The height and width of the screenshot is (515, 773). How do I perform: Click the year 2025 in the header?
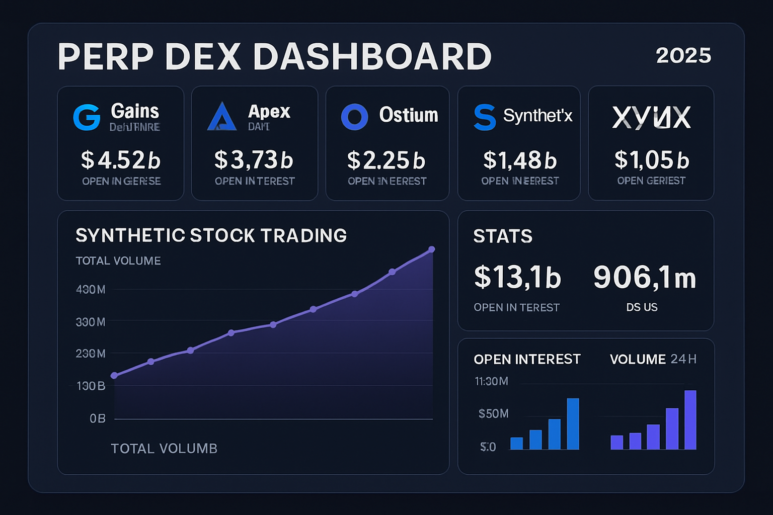coord(683,55)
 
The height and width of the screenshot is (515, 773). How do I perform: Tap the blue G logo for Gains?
coord(87,117)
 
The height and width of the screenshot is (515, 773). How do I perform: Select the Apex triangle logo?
coord(221,117)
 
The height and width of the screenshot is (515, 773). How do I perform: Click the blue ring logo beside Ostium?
coord(354,117)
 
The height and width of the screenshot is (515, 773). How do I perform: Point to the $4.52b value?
coord(121,160)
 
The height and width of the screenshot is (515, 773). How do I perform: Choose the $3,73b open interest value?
coord(254,160)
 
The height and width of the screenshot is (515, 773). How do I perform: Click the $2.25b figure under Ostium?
coord(386,160)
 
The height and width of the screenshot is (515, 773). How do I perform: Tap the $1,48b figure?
coord(520,160)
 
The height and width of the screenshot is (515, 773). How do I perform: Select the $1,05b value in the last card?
coord(652,160)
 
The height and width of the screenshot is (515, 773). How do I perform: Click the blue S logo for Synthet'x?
coord(485,117)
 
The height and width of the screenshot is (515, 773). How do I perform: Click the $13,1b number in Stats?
coord(517,277)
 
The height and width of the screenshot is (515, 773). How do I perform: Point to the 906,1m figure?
coord(645,277)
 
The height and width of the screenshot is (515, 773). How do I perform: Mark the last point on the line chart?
coord(431,249)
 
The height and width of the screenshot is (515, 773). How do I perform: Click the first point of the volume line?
coord(114,376)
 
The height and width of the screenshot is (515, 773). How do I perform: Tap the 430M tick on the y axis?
coord(91,289)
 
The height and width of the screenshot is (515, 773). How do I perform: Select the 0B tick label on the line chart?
coord(98,418)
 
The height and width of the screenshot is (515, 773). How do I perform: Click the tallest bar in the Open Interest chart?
coord(573,423)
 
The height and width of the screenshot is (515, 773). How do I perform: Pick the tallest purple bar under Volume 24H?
coord(690,420)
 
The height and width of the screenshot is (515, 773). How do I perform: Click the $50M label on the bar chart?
coord(494,413)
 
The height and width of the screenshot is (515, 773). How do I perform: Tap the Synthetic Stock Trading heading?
coord(211,235)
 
